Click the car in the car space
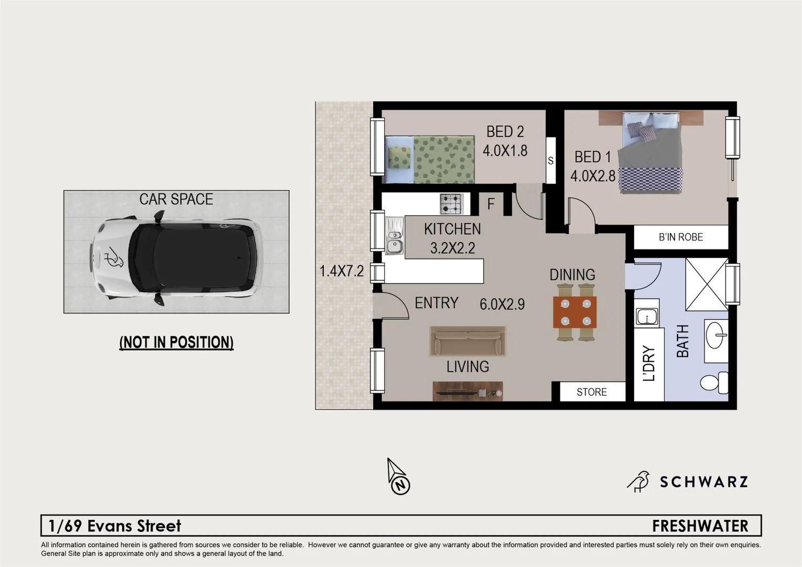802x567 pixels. tap(176, 258)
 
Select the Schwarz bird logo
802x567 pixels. tap(639, 481)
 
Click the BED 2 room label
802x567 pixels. tap(505, 131)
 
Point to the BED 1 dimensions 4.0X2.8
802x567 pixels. tap(593, 175)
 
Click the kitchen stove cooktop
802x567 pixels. tap(451, 204)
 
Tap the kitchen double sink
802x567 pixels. tap(394, 236)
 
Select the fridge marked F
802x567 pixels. tap(491, 204)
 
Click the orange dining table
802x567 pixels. tap(575, 312)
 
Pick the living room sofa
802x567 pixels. tap(468, 341)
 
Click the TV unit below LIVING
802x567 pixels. tap(468, 391)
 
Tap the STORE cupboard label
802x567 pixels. tap(592, 392)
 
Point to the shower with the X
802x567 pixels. tap(706, 284)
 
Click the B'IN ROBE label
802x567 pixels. tap(681, 237)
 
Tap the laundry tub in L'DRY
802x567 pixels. tap(647, 317)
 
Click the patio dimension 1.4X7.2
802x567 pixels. tap(342, 271)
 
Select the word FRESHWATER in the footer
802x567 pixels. tap(700, 526)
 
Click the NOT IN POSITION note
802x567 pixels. tap(176, 342)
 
